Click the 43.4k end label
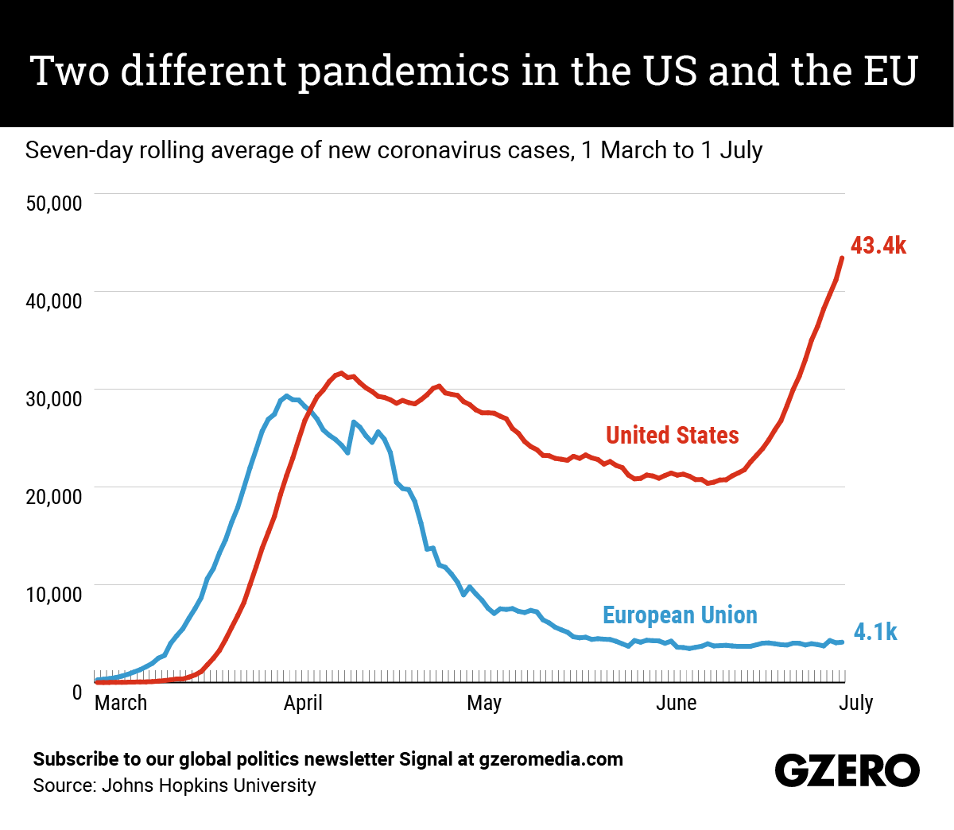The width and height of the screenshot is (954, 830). pos(878,246)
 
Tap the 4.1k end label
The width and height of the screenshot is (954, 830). pos(874,632)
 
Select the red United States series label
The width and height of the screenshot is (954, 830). pos(672,436)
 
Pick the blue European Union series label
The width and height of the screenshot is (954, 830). pos(680,615)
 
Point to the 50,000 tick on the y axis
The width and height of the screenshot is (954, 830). pos(54,204)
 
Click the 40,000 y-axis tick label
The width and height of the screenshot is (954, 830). pos(54,301)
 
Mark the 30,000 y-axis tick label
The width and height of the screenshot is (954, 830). pos(54,399)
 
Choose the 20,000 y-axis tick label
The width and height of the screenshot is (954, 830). pos(54,497)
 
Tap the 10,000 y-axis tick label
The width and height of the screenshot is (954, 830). pos(54,595)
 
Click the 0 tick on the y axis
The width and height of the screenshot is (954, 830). pos(77,692)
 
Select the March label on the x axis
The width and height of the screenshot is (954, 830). pos(121,704)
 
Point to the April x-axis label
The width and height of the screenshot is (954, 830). pos(303,704)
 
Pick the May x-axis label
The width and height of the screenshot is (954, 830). pos(484,704)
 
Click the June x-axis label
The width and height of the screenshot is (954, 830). pos(677,704)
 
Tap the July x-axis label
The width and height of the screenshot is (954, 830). pos(855,704)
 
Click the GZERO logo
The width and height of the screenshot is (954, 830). pos(847,770)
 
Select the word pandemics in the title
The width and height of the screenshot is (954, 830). pos(404,71)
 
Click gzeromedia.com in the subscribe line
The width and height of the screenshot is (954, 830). pos(551,759)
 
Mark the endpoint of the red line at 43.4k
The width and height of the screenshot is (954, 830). pos(842,258)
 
